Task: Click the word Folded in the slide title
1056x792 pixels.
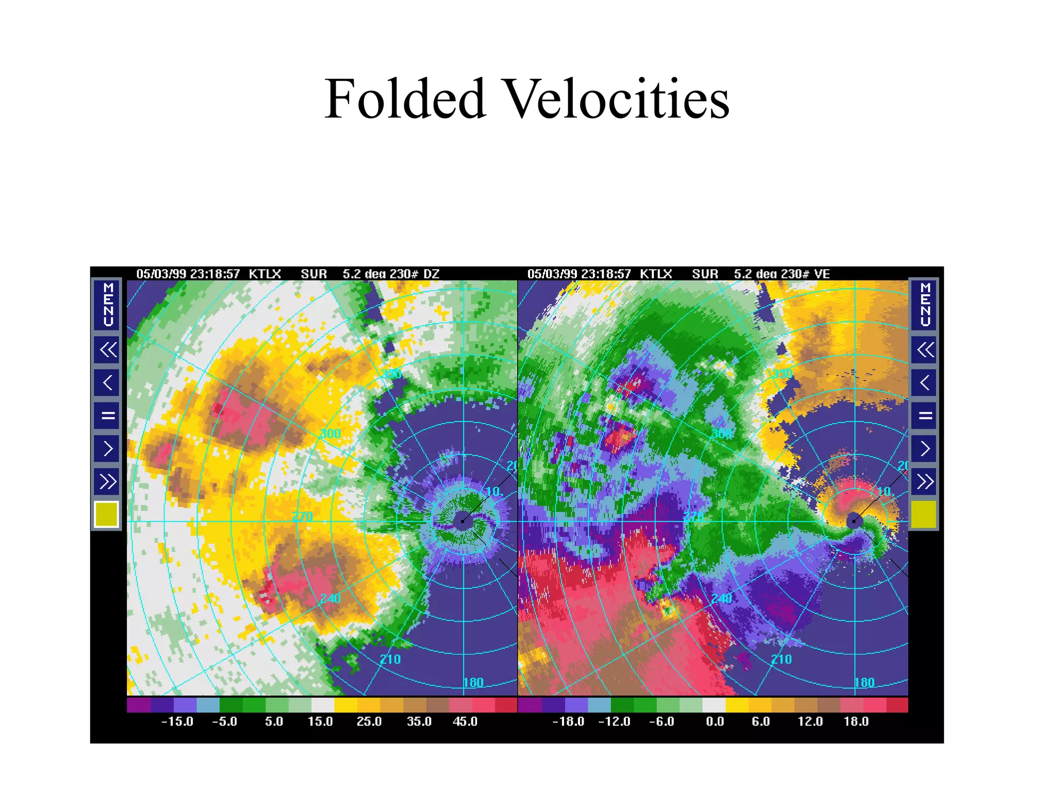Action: (405, 99)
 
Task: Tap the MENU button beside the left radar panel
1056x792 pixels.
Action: (107, 304)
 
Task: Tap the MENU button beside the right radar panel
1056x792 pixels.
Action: (925, 304)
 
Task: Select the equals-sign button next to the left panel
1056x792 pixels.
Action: (107, 415)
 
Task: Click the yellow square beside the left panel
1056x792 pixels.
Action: (107, 514)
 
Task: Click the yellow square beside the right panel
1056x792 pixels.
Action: (924, 514)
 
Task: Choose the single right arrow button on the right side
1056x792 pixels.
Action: (925, 448)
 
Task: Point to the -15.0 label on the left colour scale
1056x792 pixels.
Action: (177, 722)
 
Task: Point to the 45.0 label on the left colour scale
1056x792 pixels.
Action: (465, 722)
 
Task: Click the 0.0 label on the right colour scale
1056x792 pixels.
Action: (715, 722)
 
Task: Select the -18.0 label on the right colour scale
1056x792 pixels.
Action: (568, 722)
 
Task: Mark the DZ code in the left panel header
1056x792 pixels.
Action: (432, 274)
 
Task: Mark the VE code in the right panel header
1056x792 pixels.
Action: (822, 274)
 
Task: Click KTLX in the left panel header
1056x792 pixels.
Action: (265, 274)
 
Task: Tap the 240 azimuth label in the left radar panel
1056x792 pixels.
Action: (331, 599)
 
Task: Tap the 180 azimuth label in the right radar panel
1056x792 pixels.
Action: (864, 683)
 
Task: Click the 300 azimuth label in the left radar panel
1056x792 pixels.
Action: (331, 434)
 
